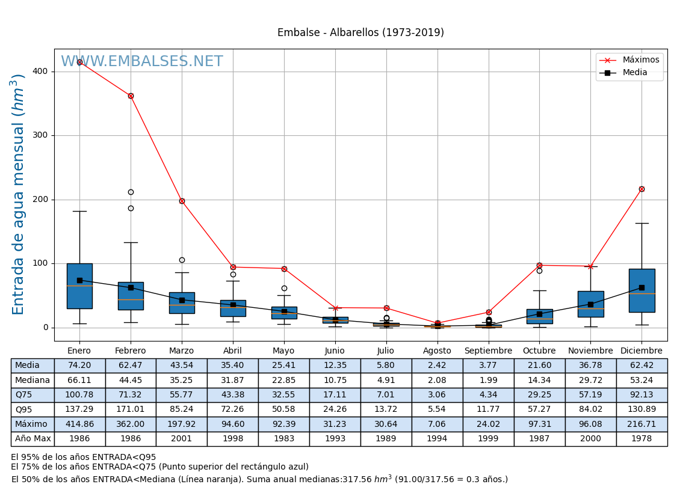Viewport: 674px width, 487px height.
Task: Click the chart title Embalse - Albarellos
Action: pos(360,33)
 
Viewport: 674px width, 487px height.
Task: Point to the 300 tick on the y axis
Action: pos(40,135)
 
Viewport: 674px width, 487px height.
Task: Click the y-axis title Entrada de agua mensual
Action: pos(19,194)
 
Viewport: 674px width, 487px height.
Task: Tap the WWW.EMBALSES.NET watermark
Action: pos(142,62)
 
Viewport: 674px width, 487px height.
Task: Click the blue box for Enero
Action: pos(79,286)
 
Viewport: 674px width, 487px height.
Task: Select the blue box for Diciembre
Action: pos(642,290)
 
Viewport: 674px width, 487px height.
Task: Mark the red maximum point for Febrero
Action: pos(131,96)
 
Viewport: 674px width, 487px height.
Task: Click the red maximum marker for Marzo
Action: pos(182,201)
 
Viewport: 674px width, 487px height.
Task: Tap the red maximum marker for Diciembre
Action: pos(642,189)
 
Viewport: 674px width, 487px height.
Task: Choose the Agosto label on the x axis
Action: pos(437,351)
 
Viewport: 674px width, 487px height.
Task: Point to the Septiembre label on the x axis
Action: pos(488,351)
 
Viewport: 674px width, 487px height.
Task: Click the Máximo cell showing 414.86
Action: pos(79,424)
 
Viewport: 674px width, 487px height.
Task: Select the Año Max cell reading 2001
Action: pos(182,439)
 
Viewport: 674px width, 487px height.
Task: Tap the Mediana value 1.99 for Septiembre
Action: pos(488,380)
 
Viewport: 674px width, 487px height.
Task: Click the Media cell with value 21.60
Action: pos(539,366)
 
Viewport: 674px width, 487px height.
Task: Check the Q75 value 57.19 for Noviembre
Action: pos(590,395)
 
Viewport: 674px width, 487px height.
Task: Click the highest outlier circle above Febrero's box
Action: pos(131,192)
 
